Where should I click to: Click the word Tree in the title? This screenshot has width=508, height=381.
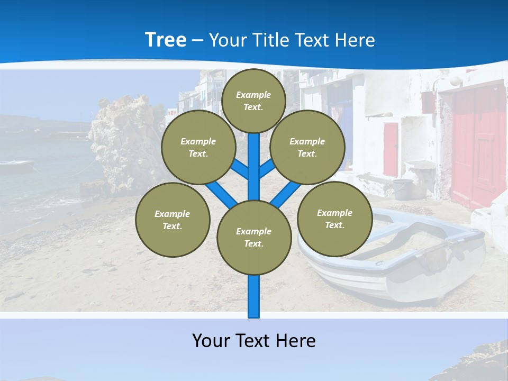166,40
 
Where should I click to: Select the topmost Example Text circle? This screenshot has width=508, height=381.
253,101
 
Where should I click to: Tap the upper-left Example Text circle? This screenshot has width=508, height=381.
198,147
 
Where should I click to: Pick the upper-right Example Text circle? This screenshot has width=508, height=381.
307,147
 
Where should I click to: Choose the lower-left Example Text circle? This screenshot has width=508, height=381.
173,220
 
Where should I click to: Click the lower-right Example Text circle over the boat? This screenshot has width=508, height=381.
334,219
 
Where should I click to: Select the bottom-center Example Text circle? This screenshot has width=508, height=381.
254,237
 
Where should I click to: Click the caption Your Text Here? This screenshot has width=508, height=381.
254,340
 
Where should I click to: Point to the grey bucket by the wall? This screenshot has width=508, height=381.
403,189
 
